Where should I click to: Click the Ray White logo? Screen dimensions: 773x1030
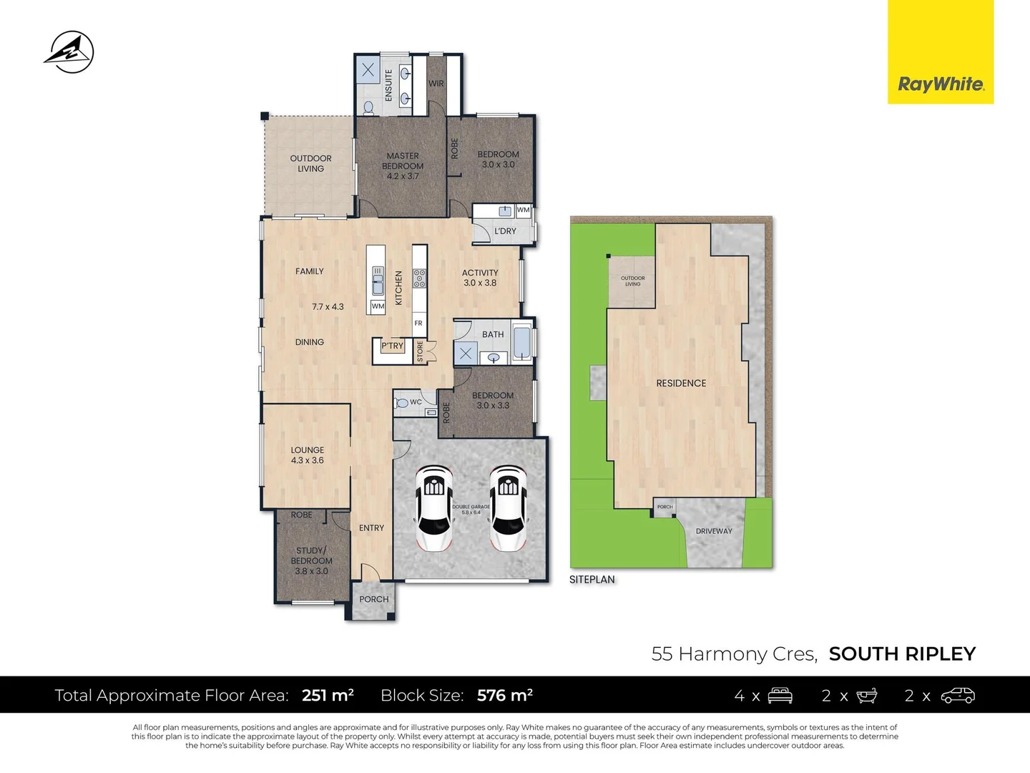click(x=941, y=84)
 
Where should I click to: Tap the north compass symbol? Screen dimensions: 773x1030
click(x=69, y=52)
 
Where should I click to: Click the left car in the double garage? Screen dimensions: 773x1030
click(x=433, y=508)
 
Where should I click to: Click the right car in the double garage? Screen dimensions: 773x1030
click(x=508, y=508)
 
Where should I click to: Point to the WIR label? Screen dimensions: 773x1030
click(x=436, y=84)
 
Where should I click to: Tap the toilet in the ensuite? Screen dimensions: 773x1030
click(x=368, y=107)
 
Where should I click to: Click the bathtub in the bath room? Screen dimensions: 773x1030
click(x=522, y=342)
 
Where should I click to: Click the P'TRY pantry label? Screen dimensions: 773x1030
click(x=392, y=346)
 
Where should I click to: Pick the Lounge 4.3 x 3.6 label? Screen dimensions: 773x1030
click(x=308, y=455)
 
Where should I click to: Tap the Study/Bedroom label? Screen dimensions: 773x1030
click(x=311, y=560)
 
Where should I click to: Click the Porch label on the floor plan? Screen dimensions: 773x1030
click(x=374, y=599)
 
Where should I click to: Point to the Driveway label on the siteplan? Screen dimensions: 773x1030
click(x=714, y=531)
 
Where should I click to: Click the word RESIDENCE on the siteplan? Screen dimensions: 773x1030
click(x=681, y=384)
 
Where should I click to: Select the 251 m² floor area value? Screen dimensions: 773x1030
click(x=328, y=695)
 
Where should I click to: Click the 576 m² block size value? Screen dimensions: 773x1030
click(x=504, y=695)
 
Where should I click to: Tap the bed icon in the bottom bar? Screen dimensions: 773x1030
click(x=780, y=695)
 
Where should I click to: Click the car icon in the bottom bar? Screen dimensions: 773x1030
click(x=958, y=695)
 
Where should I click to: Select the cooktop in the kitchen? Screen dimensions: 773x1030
click(x=420, y=278)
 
